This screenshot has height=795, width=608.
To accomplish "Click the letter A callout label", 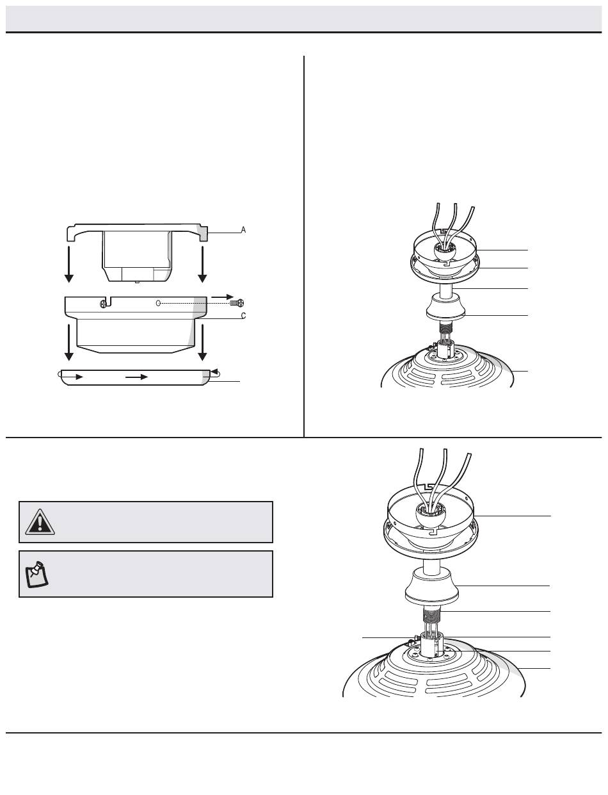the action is click(x=243, y=230).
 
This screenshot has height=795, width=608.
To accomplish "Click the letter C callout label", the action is click(x=243, y=315).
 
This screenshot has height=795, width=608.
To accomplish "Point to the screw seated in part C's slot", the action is click(x=104, y=303).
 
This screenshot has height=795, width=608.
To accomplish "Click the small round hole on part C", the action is click(x=158, y=303).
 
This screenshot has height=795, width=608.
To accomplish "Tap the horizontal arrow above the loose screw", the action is click(x=222, y=297).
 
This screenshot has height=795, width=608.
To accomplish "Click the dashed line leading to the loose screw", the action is click(x=196, y=303).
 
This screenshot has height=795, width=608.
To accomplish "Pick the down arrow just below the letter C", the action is click(x=202, y=342).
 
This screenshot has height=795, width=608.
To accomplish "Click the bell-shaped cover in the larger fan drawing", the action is click(x=432, y=586).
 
